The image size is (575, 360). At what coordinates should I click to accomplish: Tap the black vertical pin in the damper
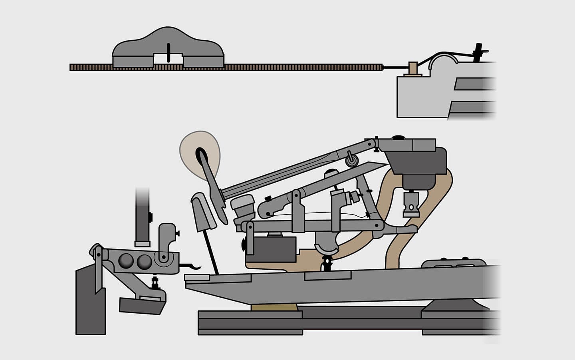point(169,52)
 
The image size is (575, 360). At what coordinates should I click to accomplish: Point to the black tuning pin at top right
point(478,52)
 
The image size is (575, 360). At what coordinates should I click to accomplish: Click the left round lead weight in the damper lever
point(127,261)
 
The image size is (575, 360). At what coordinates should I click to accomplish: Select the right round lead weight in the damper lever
point(144,261)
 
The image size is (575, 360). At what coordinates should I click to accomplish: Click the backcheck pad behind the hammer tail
point(204,212)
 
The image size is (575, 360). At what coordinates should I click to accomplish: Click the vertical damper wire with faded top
point(142,216)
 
